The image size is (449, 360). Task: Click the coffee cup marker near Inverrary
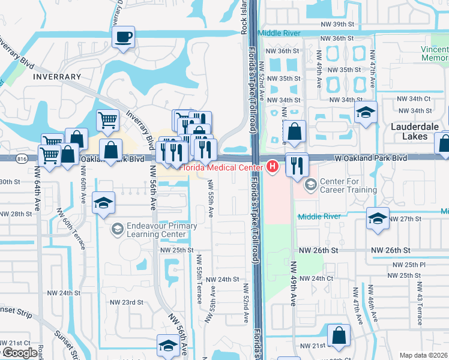point(123,38)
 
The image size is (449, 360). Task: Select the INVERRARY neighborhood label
point(57,77)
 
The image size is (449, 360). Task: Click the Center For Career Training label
point(349,185)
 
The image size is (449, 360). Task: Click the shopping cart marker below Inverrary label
point(107,120)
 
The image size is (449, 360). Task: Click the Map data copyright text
point(424,355)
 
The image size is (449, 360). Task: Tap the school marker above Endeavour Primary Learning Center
point(104,203)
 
